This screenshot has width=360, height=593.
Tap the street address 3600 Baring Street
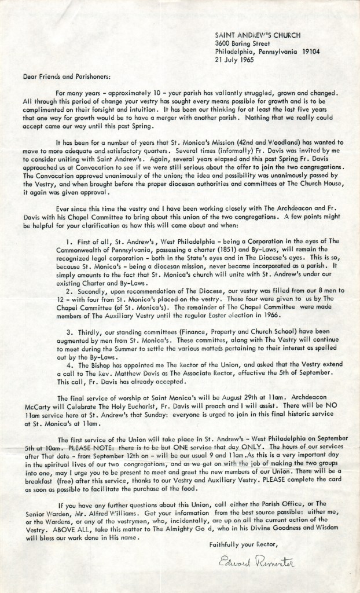pos(239,43)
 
